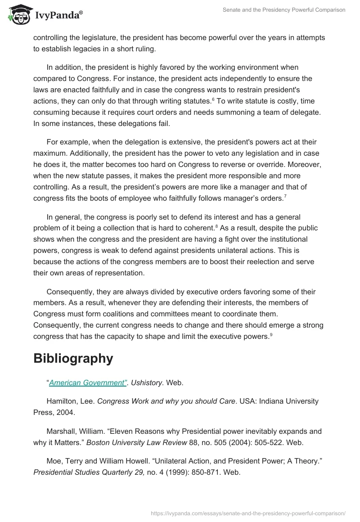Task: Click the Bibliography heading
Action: tap(73, 358)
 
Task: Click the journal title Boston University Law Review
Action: tap(136, 442)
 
